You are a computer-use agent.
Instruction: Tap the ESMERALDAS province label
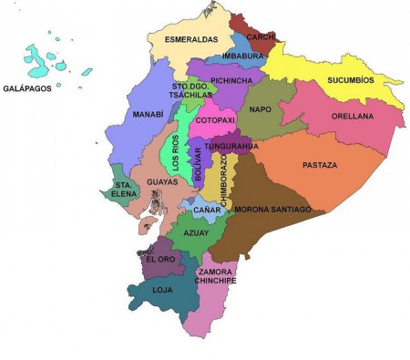[x=190, y=40]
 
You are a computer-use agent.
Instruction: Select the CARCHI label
[x=261, y=37]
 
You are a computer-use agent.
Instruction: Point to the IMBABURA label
[x=243, y=56]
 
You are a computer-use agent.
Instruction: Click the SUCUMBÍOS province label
[x=351, y=80]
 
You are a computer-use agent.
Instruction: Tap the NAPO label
[x=261, y=108]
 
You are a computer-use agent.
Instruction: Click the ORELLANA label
[x=350, y=117]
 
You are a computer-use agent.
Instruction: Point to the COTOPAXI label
[x=215, y=120]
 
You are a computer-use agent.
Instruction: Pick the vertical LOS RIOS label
[x=176, y=153]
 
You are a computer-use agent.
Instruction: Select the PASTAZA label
[x=319, y=166]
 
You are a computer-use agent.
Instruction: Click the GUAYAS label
[x=161, y=182]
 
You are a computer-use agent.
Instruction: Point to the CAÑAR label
[x=207, y=211]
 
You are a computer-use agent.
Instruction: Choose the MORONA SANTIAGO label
[x=273, y=210]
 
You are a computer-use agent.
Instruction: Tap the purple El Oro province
[x=160, y=259]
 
